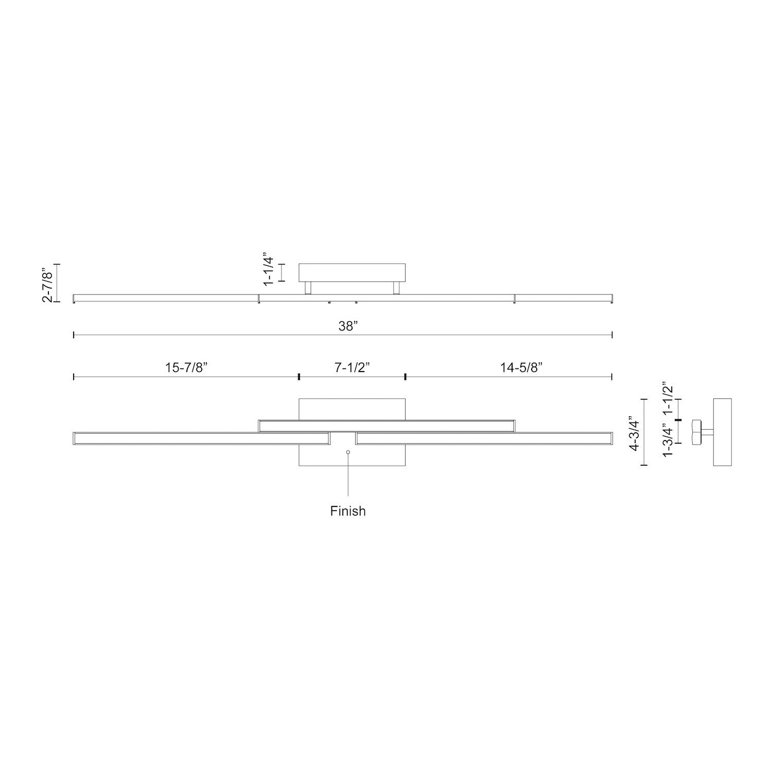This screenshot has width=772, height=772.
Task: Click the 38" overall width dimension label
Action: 348,326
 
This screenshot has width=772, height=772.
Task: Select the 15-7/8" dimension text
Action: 186,367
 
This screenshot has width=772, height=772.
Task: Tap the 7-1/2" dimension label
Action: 353,367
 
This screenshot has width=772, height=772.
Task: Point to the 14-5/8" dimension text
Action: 522,367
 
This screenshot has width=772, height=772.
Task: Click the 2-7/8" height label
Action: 47,283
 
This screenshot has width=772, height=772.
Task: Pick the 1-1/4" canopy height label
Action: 268,269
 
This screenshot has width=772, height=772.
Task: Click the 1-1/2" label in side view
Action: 668,399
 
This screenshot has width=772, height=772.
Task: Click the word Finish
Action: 348,511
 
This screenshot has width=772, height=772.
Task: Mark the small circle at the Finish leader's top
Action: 348,452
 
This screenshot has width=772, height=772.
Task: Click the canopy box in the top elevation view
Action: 352,272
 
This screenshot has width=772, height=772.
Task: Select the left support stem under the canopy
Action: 307,288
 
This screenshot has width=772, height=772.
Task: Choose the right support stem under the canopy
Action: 396,288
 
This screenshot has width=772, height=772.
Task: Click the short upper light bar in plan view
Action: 386,425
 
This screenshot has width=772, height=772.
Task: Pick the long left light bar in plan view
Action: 201,438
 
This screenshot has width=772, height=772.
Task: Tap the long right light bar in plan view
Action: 484,438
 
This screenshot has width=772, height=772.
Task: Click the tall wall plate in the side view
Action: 723,432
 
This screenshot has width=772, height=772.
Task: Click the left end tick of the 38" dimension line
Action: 74,335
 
